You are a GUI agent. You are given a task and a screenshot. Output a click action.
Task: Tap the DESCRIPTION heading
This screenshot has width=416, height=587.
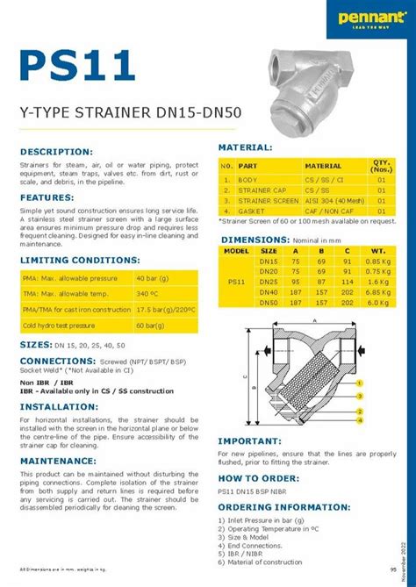[x=56, y=152]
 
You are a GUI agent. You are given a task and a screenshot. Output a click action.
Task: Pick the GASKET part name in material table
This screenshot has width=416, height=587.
[x=251, y=211]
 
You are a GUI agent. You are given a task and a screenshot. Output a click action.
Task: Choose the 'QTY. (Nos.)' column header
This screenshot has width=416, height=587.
[x=381, y=164]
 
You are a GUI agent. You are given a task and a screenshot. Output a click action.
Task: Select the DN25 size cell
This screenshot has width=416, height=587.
[x=269, y=282]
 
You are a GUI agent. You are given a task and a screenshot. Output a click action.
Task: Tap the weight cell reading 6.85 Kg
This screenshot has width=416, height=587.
[x=377, y=291]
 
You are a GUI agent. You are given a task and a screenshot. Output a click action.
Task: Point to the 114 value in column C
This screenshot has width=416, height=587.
[x=348, y=282]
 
